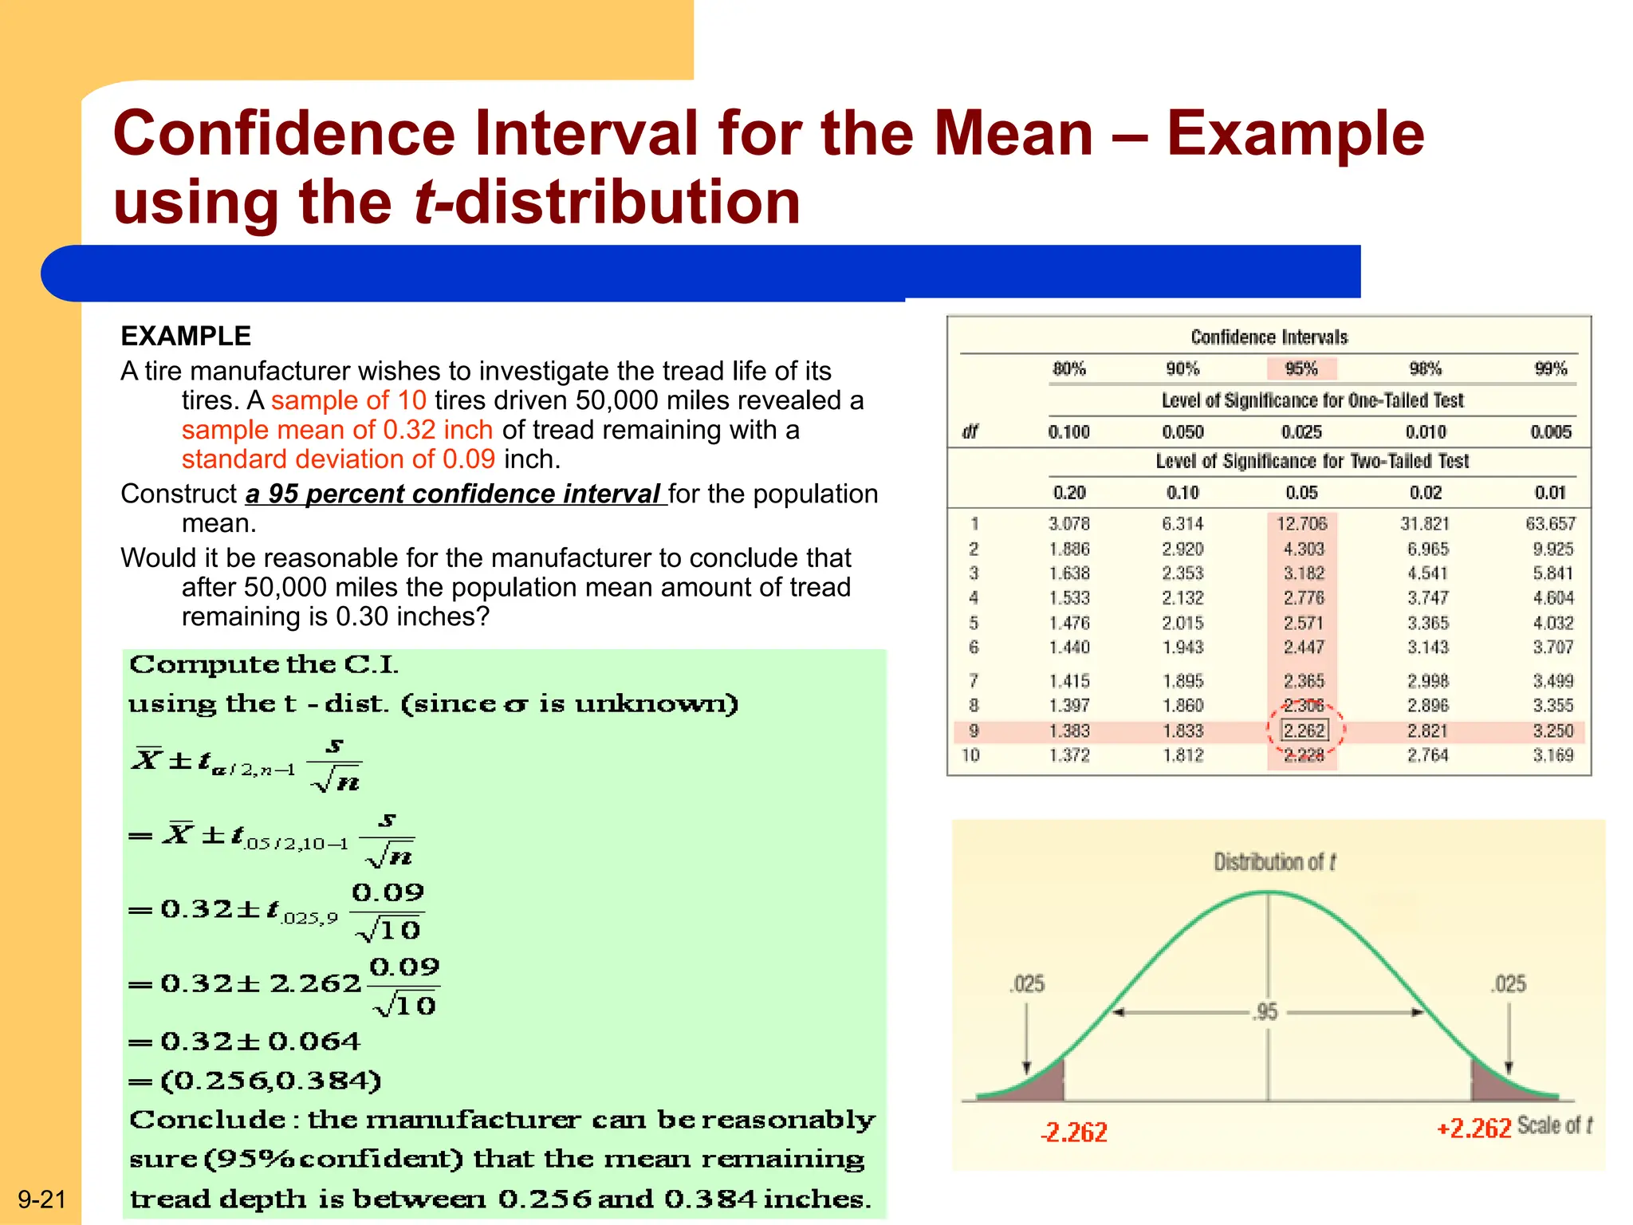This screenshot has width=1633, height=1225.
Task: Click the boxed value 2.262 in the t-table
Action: pos(1304,731)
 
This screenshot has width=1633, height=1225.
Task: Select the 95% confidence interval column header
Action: pos(1301,368)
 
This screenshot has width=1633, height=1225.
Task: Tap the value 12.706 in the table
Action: pos(1301,524)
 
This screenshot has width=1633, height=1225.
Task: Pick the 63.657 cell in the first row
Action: pos(1550,524)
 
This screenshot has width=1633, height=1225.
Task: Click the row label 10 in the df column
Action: pos(970,754)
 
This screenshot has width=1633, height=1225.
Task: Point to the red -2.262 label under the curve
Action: pos(1074,1132)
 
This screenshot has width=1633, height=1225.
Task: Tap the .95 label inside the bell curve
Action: pos(1266,1012)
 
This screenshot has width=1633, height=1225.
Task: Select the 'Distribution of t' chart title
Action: pos(1274,862)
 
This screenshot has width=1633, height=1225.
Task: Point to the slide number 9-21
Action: pos(41,1199)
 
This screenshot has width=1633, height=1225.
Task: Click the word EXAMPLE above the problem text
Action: pos(186,336)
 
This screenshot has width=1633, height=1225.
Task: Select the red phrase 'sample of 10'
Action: pos(348,400)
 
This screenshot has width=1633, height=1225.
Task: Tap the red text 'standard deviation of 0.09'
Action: pos(338,459)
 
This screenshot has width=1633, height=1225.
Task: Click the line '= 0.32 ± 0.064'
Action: pos(245,1042)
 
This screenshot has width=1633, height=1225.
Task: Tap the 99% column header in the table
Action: pos(1550,368)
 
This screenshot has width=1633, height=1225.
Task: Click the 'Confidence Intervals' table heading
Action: pos(1269,337)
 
